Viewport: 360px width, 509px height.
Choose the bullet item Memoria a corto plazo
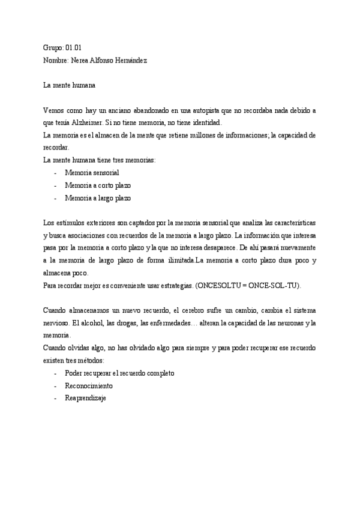(98, 185)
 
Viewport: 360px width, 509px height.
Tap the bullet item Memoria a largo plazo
(98, 197)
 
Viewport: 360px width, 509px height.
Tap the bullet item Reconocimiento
(89, 385)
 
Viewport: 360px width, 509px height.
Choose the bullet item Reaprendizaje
(85, 398)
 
